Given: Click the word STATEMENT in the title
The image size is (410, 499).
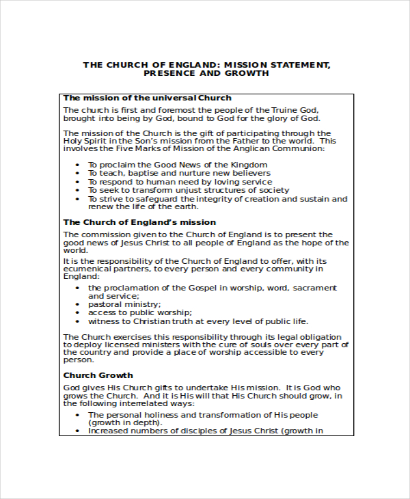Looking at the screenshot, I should pos(295,65).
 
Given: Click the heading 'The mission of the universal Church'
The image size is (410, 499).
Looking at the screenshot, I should pos(148,98).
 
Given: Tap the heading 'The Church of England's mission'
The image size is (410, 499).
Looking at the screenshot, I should pos(139,222).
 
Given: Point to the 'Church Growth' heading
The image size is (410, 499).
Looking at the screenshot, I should pos(98,375).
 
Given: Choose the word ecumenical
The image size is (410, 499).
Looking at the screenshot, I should pos(90,269).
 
